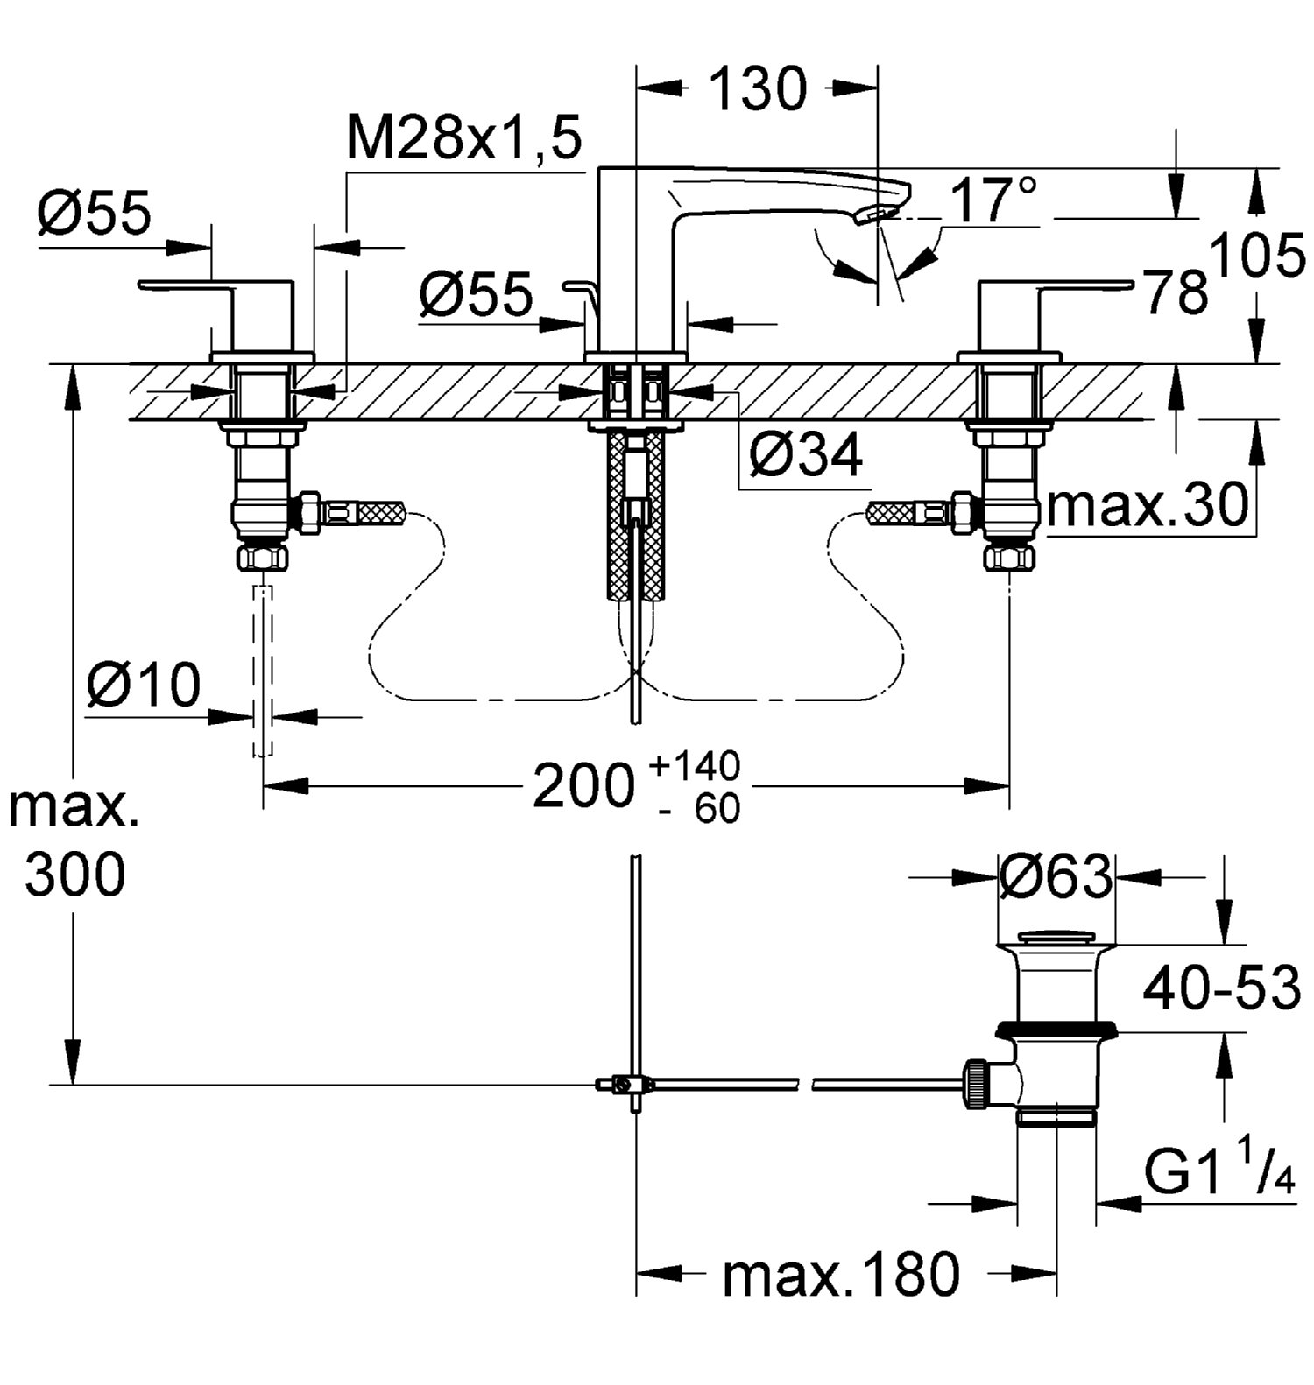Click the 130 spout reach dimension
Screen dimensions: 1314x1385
click(x=757, y=88)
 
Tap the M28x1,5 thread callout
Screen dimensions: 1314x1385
click(x=464, y=138)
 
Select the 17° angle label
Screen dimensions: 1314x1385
click(x=993, y=200)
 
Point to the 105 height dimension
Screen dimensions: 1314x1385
click(x=1256, y=257)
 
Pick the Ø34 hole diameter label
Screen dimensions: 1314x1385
click(x=806, y=454)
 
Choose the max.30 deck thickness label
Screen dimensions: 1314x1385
click(x=1147, y=505)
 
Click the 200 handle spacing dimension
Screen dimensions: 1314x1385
click(x=583, y=785)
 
